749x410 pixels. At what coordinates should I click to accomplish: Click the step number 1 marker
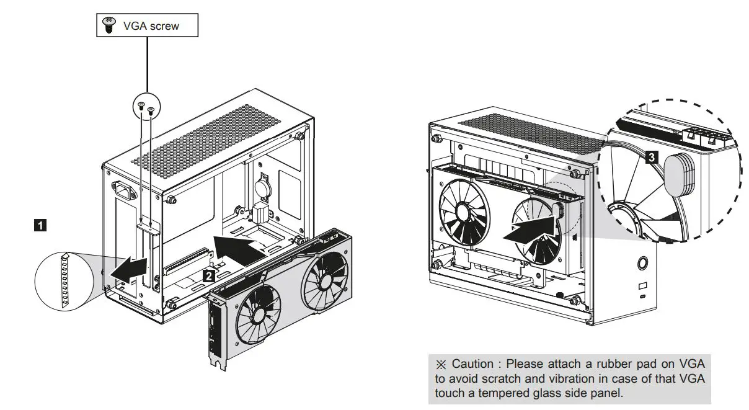pos(40,226)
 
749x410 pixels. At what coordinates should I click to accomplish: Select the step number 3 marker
pos(650,158)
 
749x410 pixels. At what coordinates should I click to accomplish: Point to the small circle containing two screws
pos(146,109)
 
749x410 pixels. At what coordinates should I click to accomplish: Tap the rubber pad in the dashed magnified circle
pos(680,174)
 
